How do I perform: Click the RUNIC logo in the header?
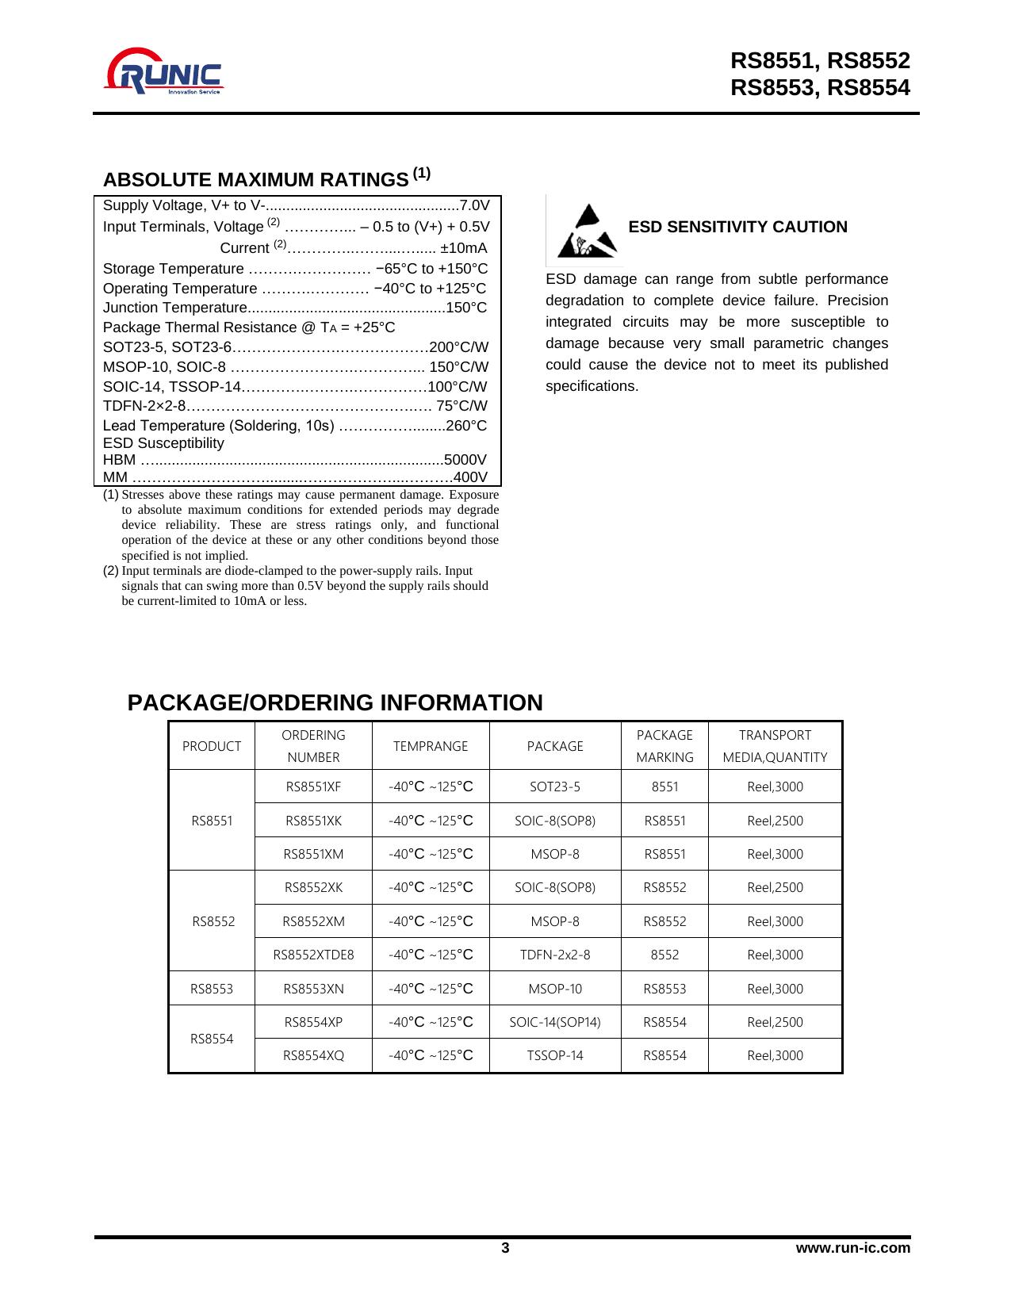165,72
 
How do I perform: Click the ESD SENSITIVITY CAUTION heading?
737,228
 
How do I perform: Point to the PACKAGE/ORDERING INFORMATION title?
335,703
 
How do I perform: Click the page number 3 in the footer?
505,1249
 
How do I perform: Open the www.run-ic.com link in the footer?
853,1249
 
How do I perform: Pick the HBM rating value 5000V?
465,460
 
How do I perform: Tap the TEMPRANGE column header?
431,746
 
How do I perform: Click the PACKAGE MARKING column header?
664,746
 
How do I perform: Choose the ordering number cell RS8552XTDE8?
313,955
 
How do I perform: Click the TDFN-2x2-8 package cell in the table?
555,955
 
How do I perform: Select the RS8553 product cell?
212,989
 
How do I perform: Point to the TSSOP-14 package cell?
555,1055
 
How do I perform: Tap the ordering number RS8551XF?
313,787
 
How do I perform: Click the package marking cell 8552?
664,955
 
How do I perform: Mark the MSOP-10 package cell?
555,989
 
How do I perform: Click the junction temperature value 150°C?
467,308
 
